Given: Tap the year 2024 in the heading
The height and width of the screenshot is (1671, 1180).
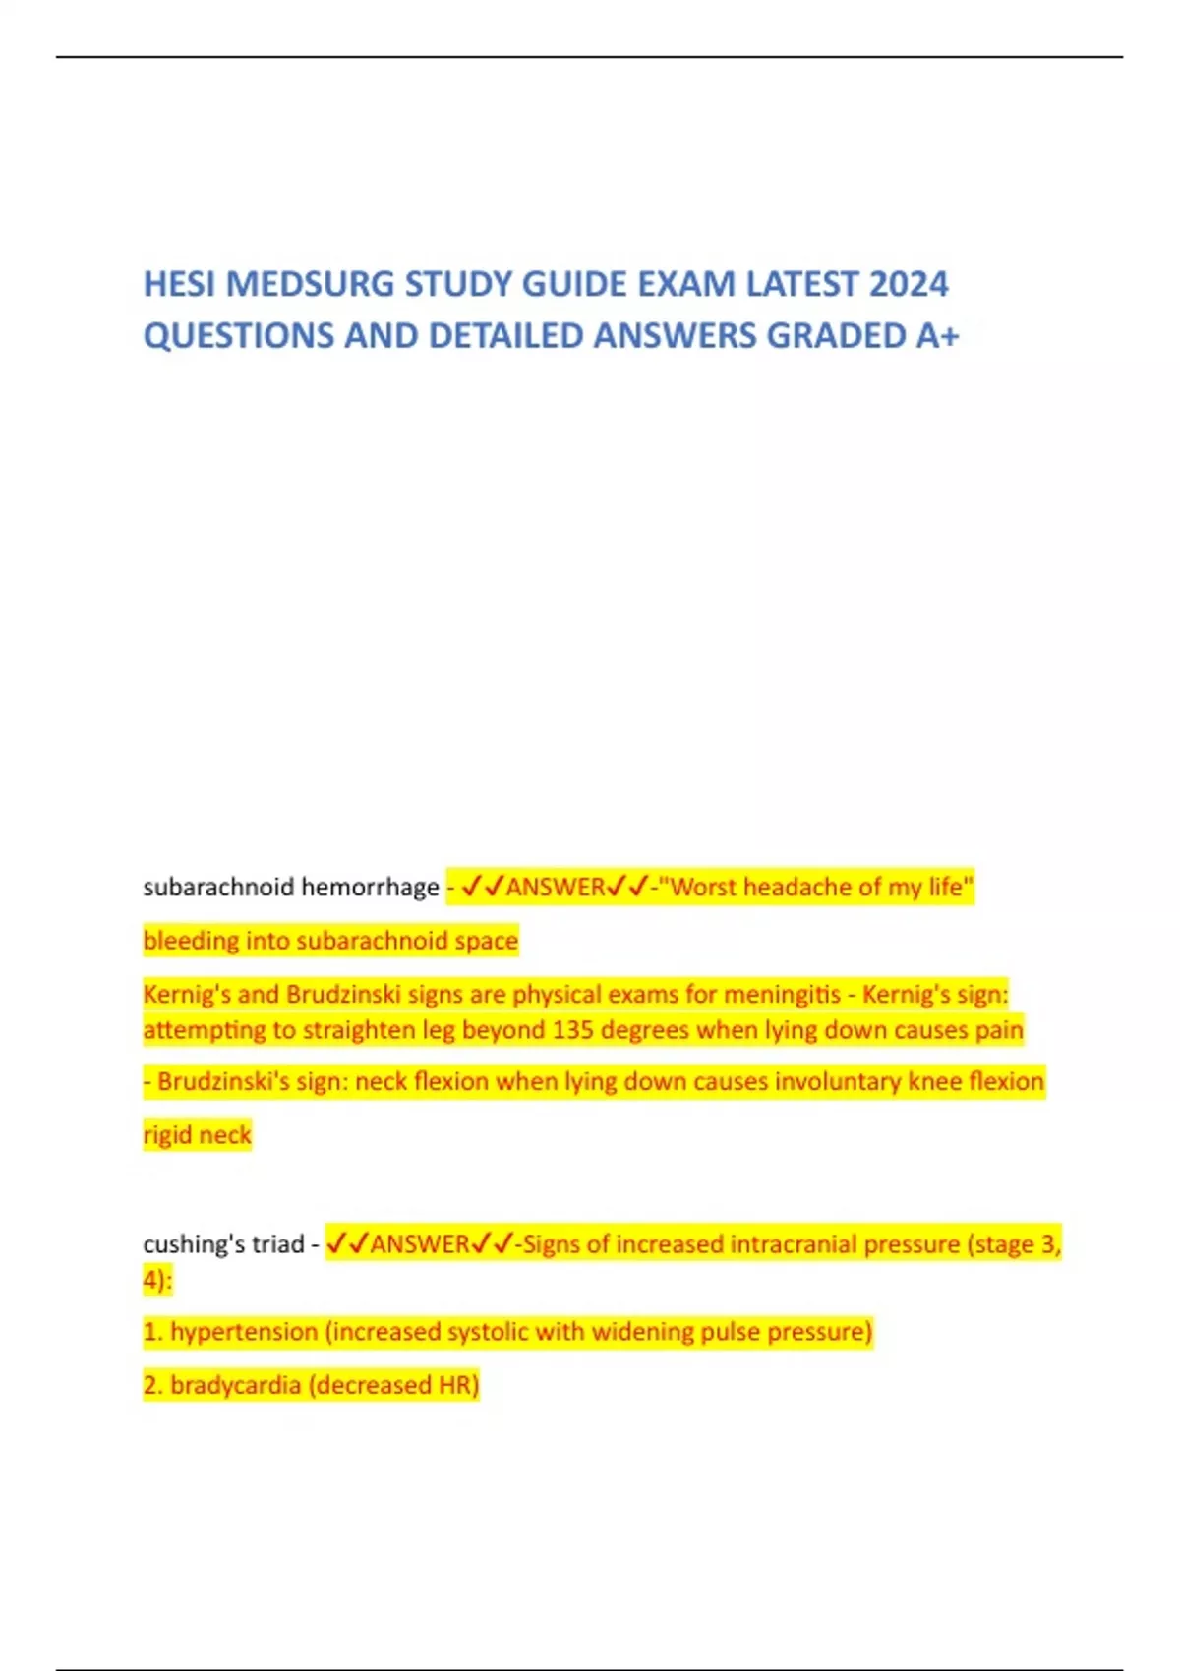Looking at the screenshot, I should point(909,284).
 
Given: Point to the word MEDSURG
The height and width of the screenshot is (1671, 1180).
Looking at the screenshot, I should point(311,284).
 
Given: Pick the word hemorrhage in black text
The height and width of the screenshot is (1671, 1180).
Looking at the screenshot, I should point(370,888).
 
